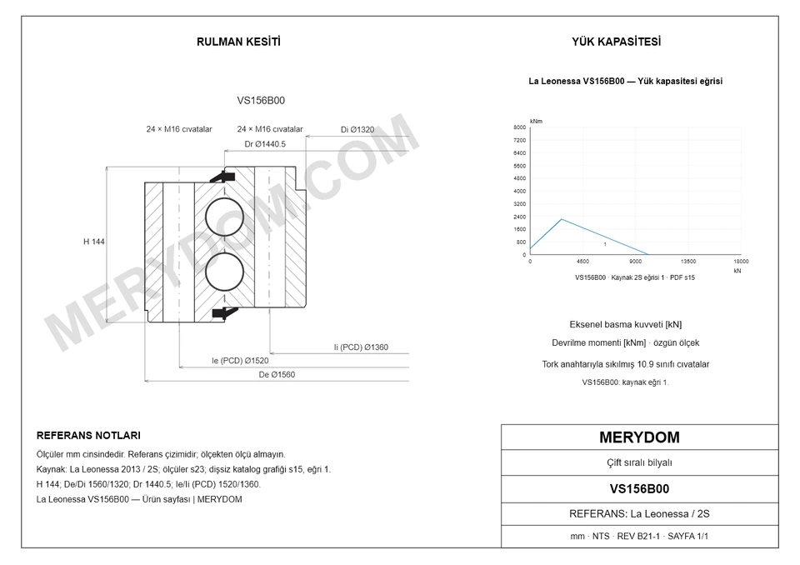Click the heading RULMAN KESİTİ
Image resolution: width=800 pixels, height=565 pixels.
point(238,42)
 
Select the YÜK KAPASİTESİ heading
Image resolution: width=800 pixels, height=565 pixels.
point(616,42)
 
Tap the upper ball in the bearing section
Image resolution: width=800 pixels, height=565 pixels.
point(224,217)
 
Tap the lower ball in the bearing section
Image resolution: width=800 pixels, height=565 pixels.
point(224,272)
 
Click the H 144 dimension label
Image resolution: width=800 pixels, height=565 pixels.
point(94,242)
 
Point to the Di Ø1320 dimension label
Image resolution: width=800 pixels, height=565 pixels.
point(357,130)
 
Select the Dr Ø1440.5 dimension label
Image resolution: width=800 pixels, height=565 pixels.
point(265,144)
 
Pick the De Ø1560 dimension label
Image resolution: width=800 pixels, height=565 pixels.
point(277,375)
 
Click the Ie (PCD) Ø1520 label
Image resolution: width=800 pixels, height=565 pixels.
point(240,361)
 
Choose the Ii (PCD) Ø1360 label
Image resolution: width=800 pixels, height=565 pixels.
point(361,347)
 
